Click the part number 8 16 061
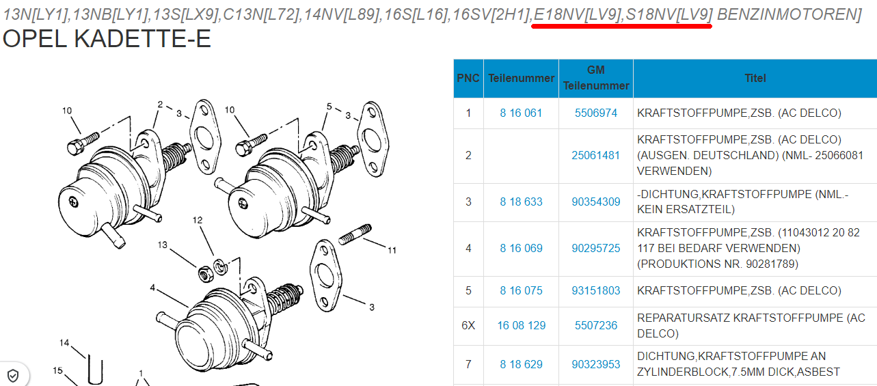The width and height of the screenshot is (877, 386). point(521,113)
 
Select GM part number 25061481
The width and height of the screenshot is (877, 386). point(595,155)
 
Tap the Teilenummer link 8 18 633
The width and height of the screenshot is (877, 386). point(521,202)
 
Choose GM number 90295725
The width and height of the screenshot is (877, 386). point(595,248)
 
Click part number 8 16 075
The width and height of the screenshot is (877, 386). point(521,290)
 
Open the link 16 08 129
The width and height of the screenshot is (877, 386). point(521,325)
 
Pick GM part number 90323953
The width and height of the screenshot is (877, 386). point(595,364)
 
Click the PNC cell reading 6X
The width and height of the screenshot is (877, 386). point(468,325)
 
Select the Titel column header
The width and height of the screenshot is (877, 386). point(755,79)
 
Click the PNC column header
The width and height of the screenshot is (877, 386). point(468,79)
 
